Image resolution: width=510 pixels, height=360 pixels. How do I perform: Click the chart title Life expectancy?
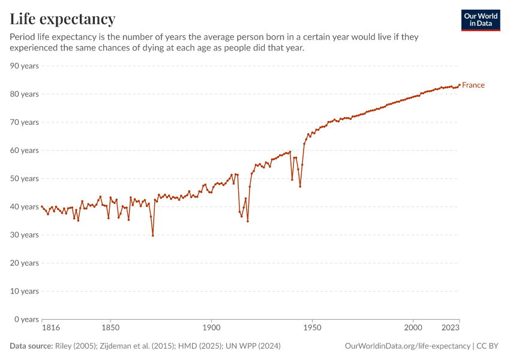pos(62,19)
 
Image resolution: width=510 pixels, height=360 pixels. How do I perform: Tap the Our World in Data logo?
pos(480,20)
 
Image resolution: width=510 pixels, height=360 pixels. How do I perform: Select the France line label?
pos(473,85)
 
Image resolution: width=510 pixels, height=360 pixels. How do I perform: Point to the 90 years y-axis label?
pos(25,66)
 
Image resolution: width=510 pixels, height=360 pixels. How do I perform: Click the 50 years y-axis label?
pos(25,179)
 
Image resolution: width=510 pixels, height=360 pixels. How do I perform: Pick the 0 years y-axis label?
pos(27,319)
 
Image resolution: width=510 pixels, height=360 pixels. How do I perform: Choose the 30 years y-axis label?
pos(25,235)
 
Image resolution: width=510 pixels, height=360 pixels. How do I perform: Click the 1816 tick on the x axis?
pos(50,328)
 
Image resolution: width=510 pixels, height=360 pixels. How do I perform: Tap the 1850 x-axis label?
pos(110,328)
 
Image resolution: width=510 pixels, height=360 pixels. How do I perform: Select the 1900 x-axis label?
pos(211,328)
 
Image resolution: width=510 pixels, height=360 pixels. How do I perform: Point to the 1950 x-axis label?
pos(312,328)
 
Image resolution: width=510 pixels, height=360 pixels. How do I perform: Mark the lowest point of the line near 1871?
pos(153,235)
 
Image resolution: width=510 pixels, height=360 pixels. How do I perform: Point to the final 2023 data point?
pos(460,85)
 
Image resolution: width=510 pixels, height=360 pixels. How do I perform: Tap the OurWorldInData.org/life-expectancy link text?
pos(408,346)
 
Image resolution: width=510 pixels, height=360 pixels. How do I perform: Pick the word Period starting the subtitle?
pos(23,37)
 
